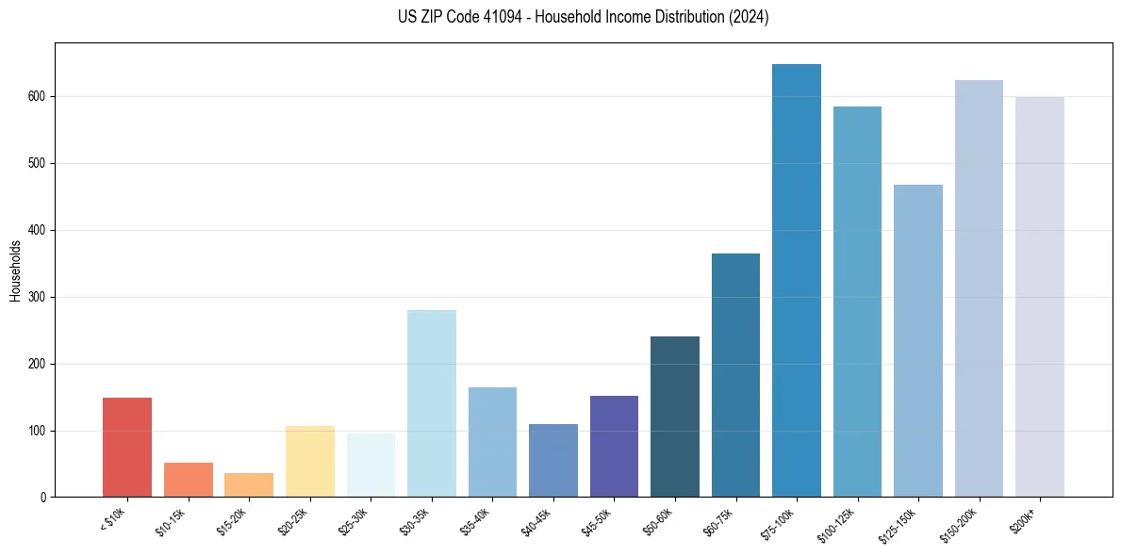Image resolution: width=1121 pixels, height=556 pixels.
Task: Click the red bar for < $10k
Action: [x=127, y=448]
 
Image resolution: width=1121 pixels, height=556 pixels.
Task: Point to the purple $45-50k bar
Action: [x=614, y=447]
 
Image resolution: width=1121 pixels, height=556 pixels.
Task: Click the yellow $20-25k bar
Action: [x=310, y=462]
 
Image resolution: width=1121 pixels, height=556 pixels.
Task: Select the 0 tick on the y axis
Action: [x=43, y=498]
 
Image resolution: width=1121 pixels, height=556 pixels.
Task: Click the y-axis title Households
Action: [x=15, y=270]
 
